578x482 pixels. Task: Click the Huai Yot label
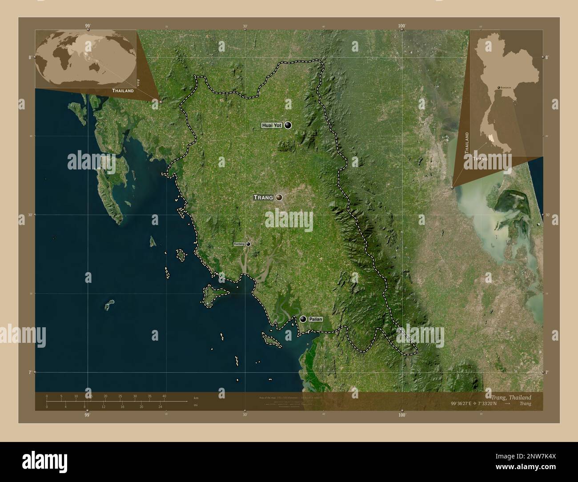272,126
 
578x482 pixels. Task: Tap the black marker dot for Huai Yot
288,126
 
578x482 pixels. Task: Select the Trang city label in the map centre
263,197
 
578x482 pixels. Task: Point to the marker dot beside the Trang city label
279,197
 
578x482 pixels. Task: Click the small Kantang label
239,244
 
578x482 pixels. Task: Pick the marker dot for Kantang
248,244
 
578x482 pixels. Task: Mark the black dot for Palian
303,319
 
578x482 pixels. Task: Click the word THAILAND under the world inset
123,91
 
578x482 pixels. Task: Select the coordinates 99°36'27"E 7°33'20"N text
478,404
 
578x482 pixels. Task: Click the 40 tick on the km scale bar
164,396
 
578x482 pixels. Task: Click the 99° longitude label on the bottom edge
87,415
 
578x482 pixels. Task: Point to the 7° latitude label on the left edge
30,372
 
